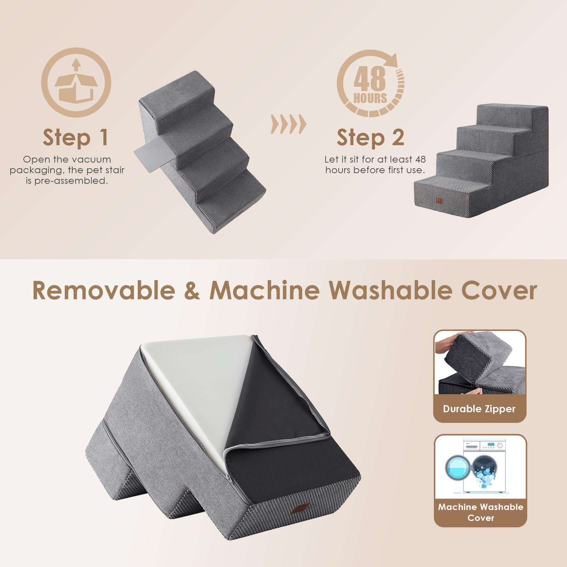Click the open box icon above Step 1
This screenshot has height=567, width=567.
(76, 83)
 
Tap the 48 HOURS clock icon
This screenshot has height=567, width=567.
(370, 84)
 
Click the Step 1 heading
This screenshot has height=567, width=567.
(75, 137)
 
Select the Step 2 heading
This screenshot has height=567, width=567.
(370, 137)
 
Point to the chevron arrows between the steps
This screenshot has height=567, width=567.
(288, 124)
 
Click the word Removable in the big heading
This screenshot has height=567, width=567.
(103, 290)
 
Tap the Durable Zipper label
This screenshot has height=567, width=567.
(479, 409)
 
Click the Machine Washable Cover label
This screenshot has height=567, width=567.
(480, 512)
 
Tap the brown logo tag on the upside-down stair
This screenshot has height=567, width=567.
(299, 509)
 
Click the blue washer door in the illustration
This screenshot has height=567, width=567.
(457, 467)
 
